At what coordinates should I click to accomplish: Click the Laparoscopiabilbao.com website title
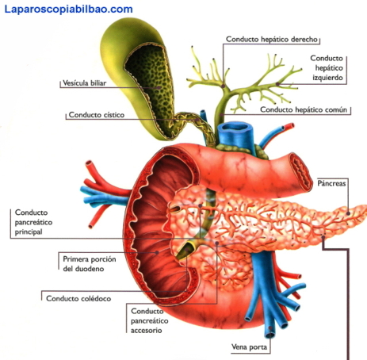(x=69, y=10)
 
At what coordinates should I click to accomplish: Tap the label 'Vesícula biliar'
(x=85, y=83)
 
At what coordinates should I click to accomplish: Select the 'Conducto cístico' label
(x=97, y=115)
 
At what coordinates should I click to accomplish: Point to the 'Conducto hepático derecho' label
(x=272, y=40)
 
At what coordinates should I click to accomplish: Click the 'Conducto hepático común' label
(x=304, y=109)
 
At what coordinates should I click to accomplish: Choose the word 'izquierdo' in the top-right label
(x=327, y=78)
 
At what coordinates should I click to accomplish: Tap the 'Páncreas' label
(x=331, y=183)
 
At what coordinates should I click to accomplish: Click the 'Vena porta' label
(x=249, y=347)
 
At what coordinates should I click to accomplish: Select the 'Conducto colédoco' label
(x=78, y=299)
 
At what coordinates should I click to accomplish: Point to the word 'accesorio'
(x=147, y=331)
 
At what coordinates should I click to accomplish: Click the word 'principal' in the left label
(x=29, y=232)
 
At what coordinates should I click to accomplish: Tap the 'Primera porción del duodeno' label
(x=90, y=264)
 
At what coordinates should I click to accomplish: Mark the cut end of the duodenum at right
(x=301, y=171)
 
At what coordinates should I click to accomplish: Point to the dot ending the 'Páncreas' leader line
(x=348, y=213)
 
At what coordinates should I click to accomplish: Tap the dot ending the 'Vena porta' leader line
(x=270, y=327)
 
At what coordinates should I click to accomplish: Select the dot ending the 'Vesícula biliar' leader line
(x=159, y=87)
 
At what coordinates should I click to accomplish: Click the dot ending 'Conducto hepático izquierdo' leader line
(x=277, y=84)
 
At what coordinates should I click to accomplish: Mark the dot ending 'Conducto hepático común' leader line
(x=223, y=115)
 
